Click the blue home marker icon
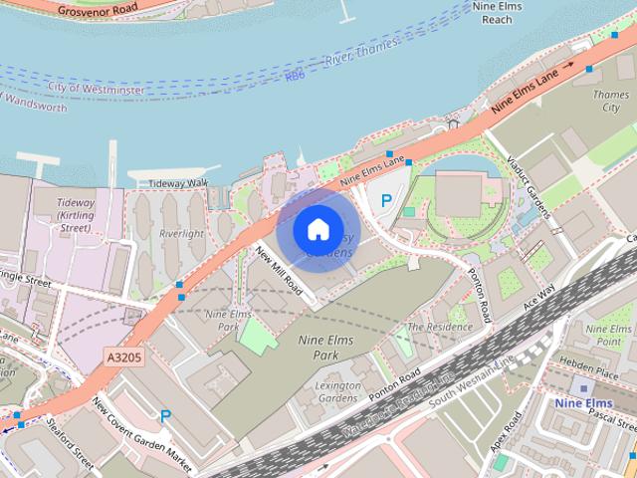coord(318,230)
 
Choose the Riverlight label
coord(180,234)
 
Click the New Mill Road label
coord(280,270)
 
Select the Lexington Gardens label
coord(338,391)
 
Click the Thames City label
coord(610,101)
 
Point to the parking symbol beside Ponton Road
coord(387,200)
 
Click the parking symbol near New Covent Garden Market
coord(166,416)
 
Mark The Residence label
coord(439,327)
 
